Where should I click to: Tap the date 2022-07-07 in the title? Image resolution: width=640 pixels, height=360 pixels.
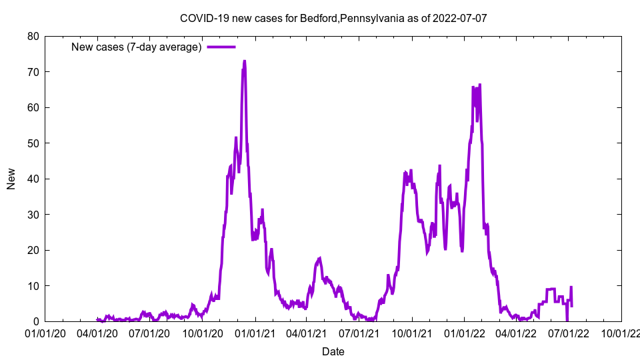tap(459, 18)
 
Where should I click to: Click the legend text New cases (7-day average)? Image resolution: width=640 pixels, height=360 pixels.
tap(137, 47)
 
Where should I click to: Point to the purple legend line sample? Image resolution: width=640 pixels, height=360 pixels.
tap(221, 47)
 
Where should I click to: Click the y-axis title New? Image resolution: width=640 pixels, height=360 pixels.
tap(11, 179)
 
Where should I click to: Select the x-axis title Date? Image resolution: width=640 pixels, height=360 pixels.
tap(333, 351)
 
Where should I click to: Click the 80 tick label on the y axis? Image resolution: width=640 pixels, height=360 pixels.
tap(33, 36)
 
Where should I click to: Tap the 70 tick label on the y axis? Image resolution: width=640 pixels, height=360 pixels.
tap(33, 72)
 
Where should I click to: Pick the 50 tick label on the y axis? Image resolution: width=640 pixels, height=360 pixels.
tap(33, 143)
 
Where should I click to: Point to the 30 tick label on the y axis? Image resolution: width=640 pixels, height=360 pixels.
tap(33, 215)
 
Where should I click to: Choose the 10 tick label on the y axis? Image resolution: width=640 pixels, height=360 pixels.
tap(33, 286)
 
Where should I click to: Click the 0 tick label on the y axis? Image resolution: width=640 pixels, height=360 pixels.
tap(36, 321)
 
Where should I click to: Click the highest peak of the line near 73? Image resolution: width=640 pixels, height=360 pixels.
tap(245, 61)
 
